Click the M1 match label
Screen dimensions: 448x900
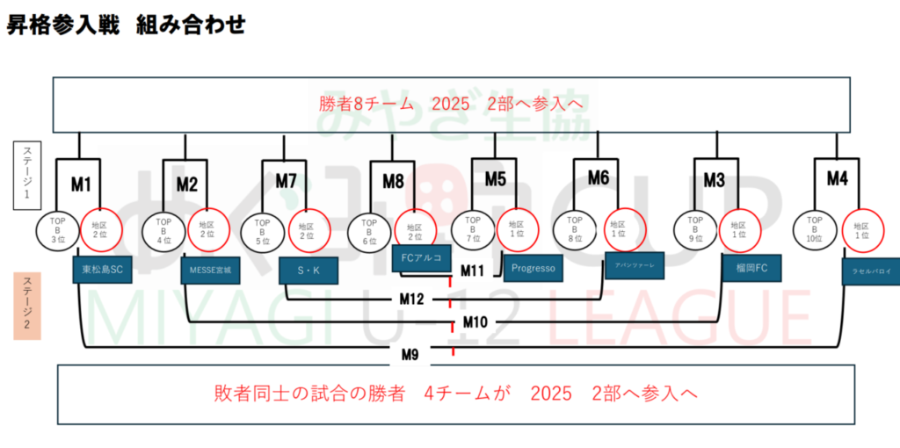coord(81,184)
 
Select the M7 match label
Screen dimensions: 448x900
coord(287,181)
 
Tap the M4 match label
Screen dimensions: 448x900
coord(837,178)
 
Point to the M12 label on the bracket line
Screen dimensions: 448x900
coord(411,299)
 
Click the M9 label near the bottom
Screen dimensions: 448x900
coord(409,355)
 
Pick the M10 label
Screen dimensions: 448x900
coord(475,322)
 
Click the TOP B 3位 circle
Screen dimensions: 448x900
coord(59,230)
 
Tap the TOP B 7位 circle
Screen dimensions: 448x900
coord(473,229)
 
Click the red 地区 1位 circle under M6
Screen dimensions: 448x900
coord(626,229)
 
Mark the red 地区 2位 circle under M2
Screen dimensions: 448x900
coord(208,229)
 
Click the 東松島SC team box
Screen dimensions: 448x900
coord(102,270)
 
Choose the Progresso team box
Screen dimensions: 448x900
coord(533,268)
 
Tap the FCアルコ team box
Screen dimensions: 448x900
coord(422,257)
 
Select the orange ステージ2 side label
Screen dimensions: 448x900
coord(26,305)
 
